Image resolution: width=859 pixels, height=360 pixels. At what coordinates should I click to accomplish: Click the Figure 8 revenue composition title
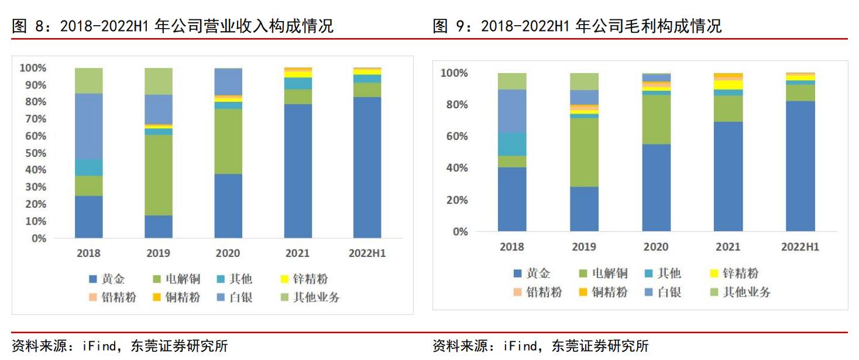pos(173,26)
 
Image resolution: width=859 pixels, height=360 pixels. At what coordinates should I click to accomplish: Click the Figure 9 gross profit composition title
pos(577,26)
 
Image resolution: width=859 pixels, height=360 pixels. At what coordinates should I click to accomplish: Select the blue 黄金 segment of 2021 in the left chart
pos(298,171)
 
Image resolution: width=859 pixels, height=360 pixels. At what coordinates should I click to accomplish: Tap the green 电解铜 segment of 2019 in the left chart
pos(159,175)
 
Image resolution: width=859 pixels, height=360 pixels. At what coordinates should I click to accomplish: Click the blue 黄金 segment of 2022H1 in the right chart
pos(800,166)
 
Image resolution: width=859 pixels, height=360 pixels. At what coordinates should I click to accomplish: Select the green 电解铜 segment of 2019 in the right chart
pos(584,152)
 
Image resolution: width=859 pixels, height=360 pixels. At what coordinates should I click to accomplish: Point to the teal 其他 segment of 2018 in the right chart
pos(512,144)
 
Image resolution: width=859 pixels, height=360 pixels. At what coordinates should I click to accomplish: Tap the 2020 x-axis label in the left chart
pos(228,253)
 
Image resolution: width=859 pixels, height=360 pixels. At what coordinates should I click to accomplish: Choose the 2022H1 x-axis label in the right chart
pos(800,247)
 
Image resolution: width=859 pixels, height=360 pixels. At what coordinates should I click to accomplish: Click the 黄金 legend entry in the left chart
pos(107,279)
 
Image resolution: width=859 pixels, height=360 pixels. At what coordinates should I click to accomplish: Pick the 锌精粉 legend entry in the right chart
pos(734,273)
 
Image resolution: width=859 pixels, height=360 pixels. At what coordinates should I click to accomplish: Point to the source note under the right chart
pos(541,346)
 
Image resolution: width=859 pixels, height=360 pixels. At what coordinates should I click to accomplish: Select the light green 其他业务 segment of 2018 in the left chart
pos(89,80)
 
